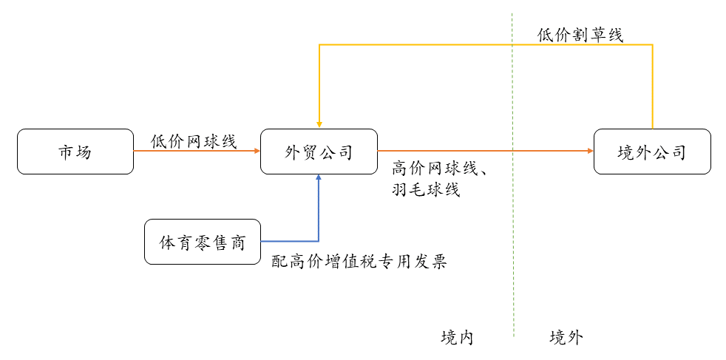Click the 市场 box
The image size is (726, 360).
coord(75,152)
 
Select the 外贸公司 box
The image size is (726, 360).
coord(319,152)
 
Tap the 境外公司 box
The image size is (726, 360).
coord(652,152)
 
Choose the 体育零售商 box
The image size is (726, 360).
coord(203,242)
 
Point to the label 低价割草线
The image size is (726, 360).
coord(580,35)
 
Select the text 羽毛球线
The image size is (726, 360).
coord(426,190)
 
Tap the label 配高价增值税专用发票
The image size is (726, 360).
coord(359,262)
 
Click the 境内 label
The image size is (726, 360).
coord(456,338)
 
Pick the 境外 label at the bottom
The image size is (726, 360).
coord(566,338)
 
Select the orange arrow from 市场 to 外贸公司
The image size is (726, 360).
coord(197,152)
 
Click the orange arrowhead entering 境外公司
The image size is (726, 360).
coord(589,152)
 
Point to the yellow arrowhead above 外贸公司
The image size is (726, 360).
coord(319,125)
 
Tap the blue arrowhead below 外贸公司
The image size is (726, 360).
coord(319,179)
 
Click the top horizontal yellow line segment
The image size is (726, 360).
coord(481,45)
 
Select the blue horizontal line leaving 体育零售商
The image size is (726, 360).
coord(290,241)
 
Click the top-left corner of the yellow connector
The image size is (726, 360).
coord(319,45)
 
